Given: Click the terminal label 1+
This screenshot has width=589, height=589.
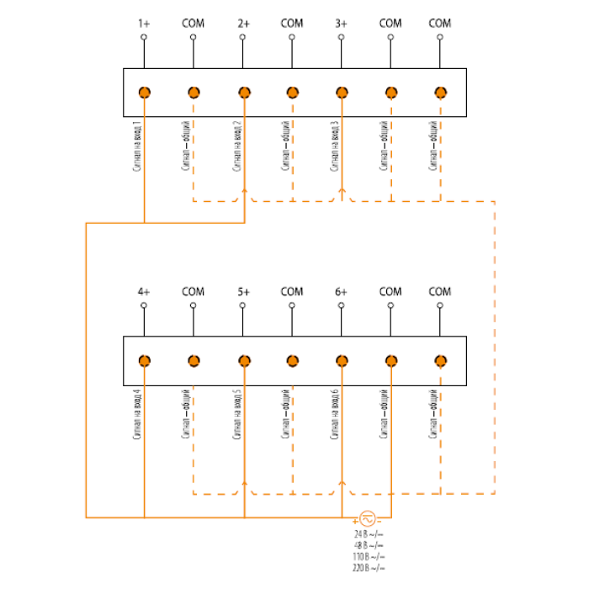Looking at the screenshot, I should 144,24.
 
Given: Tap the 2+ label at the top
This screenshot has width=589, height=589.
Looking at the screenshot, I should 243,24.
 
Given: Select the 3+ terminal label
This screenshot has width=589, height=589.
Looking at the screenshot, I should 341,24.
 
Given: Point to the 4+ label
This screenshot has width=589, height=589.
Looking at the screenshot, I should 144,292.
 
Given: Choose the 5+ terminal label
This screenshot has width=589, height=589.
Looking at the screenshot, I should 243,292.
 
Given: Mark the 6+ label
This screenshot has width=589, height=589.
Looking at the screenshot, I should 341,292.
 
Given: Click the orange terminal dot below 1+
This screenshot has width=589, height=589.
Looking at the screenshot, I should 145,93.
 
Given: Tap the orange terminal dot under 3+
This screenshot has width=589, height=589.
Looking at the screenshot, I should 342,93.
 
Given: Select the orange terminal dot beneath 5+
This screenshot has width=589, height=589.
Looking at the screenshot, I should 243,361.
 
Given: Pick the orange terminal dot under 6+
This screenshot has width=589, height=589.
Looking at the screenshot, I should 342,361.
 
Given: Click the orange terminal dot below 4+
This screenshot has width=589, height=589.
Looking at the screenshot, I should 145,361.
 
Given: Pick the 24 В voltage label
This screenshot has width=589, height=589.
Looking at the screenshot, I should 369,534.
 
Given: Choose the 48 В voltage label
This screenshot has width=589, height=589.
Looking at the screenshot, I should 369,545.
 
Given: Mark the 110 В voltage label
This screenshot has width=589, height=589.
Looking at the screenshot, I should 369,557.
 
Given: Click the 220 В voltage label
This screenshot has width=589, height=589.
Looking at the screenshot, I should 369,568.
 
